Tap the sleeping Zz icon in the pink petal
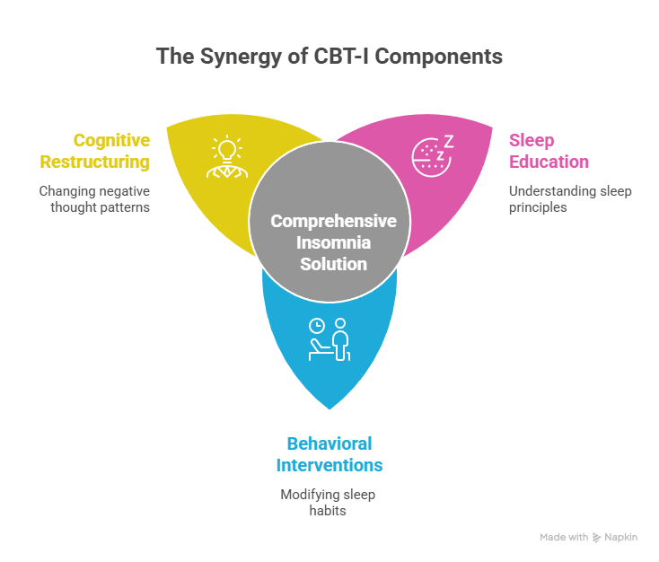pyautogui.click(x=432, y=154)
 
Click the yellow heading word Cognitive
pyautogui.click(x=111, y=140)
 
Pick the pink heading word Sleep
pyautogui.click(x=532, y=140)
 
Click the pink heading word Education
pyautogui.click(x=549, y=162)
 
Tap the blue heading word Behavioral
pyautogui.click(x=329, y=443)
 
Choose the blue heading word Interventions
pyautogui.click(x=329, y=465)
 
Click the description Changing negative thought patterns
pyautogui.click(x=94, y=198)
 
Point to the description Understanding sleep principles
pyautogui.click(x=558, y=198)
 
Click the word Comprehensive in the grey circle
pyautogui.click(x=333, y=221)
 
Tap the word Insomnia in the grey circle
pyautogui.click(x=333, y=242)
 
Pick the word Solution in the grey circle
pyautogui.click(x=333, y=264)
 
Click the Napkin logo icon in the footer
pyautogui.click(x=597, y=537)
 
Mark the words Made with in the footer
pyautogui.click(x=564, y=537)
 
